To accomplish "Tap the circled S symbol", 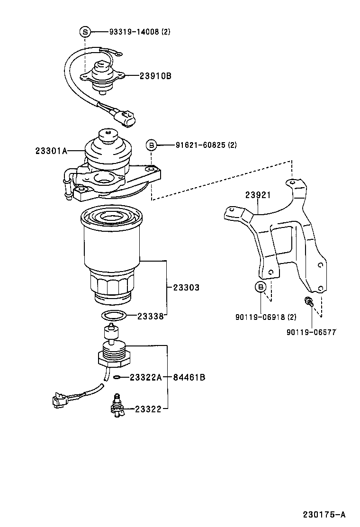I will click(85, 32).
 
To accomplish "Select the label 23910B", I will click(155, 76).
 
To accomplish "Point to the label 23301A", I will click(51, 151).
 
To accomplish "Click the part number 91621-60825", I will click(192, 145).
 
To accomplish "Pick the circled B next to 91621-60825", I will click(151, 145).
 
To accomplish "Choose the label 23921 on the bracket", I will click(258, 195).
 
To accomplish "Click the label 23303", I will click(186, 288).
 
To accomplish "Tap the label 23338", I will click(151, 316).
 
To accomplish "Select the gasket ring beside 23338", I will click(114, 316).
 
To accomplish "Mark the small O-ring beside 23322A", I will click(117, 377).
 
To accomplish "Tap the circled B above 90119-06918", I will click(261, 287).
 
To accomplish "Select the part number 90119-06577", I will click(311, 332).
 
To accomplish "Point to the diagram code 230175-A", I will click(324, 514).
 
